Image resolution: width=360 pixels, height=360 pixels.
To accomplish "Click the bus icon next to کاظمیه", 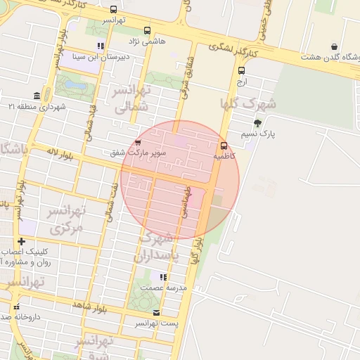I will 224,146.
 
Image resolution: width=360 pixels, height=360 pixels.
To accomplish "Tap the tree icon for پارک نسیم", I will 257,123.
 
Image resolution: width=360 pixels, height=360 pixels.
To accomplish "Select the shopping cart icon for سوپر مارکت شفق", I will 137,143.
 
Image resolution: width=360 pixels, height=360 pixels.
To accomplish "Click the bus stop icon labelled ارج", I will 242,70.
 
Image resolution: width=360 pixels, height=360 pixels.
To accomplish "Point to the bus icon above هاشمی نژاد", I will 147,30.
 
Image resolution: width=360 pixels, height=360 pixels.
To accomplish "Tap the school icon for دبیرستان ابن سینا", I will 101,46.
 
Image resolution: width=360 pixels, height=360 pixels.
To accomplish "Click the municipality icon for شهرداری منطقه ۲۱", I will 37,96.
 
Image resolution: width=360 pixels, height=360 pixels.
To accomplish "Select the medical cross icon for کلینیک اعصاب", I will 22,242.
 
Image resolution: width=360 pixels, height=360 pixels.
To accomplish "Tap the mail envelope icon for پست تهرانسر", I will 156,313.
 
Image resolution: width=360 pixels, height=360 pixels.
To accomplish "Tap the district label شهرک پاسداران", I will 156,247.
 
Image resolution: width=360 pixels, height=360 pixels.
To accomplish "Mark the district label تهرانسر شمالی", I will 132,100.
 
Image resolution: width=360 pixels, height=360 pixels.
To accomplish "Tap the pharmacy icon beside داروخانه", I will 16,307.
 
